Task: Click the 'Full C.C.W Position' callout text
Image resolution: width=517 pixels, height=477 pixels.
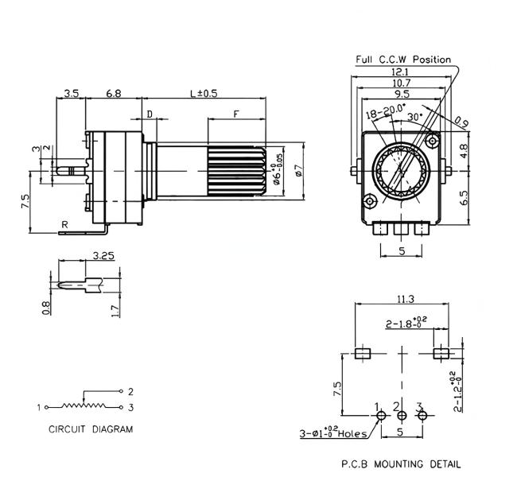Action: click(x=403, y=60)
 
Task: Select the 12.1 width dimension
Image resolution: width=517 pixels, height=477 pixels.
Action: click(x=399, y=72)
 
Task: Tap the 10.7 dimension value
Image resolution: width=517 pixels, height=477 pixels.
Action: click(x=400, y=83)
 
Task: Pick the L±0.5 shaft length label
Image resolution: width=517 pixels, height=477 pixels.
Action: click(x=204, y=93)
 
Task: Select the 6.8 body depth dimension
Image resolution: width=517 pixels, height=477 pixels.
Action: click(x=113, y=93)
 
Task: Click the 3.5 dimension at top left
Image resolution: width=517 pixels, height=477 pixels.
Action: click(x=70, y=93)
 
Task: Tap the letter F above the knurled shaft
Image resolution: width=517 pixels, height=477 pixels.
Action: click(x=236, y=114)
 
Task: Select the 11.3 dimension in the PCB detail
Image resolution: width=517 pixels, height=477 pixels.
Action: click(x=403, y=300)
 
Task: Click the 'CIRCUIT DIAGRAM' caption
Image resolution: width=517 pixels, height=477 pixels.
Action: click(x=91, y=429)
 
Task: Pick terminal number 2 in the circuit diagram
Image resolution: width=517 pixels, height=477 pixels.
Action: click(x=130, y=391)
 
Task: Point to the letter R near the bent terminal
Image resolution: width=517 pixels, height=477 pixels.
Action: click(x=65, y=225)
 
